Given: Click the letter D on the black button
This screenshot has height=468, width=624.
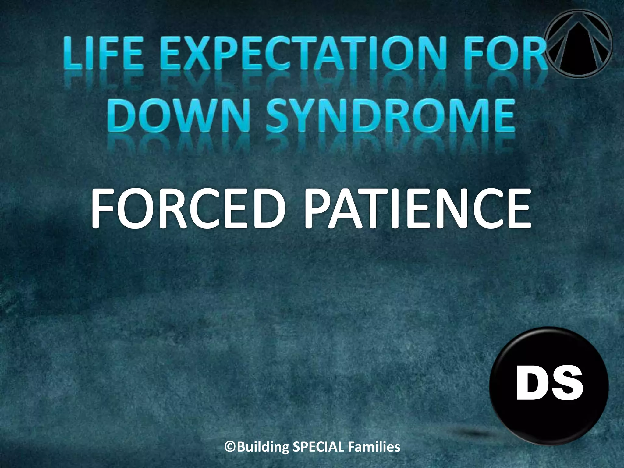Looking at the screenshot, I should (x=532, y=385).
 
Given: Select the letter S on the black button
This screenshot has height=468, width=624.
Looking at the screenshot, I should (x=567, y=385).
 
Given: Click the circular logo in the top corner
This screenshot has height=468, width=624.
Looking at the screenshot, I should (x=578, y=43).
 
